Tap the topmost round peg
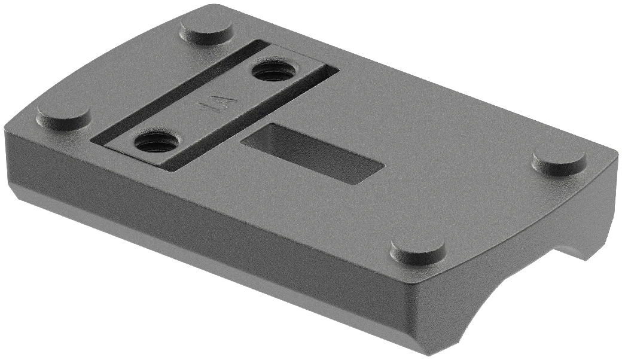[x=206, y=28]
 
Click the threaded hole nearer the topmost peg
[x=273, y=71]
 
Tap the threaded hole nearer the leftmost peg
[x=154, y=142]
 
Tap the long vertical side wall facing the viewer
[x=209, y=227]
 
